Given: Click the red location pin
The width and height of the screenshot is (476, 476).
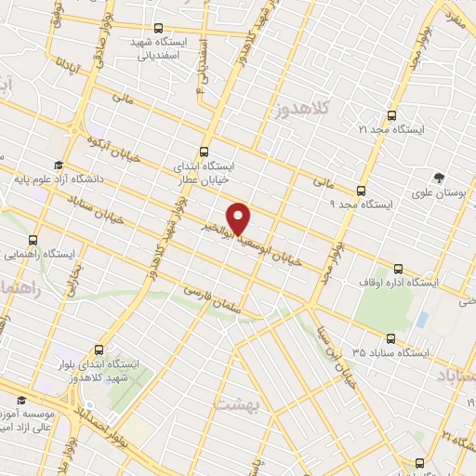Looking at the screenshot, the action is pyautogui.click(x=240, y=217).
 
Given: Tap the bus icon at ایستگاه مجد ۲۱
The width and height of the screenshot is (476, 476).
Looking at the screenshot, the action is pyautogui.click(x=390, y=117).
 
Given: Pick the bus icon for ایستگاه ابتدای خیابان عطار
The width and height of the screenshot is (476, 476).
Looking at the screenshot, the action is pyautogui.click(x=205, y=152).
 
